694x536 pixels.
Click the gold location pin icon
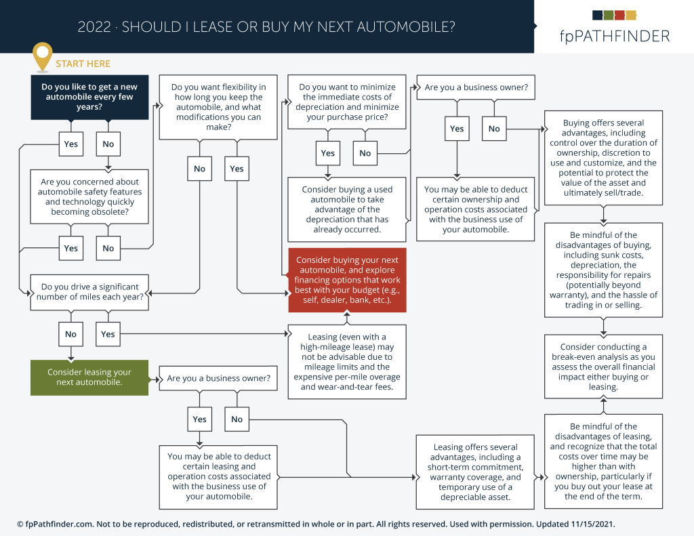43,56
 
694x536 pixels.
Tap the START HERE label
83,64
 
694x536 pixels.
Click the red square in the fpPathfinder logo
619,15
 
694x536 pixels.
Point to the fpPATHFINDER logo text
614,37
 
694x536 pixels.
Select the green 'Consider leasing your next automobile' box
89,377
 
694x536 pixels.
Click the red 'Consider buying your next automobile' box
347,280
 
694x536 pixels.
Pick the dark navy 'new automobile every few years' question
89,97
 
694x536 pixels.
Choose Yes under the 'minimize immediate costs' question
327,153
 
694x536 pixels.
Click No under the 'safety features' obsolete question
108,248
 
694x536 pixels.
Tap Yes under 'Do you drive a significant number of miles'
108,334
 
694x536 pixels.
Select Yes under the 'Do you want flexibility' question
237,169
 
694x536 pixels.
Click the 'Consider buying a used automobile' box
347,209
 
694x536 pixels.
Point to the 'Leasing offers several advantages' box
475,472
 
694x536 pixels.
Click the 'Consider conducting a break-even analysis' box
603,367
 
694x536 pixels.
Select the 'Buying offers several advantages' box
603,158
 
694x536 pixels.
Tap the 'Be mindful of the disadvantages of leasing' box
603,461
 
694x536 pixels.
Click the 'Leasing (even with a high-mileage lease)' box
347,362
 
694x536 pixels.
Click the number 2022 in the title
94,27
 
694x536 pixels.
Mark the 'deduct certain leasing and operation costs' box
219,477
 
